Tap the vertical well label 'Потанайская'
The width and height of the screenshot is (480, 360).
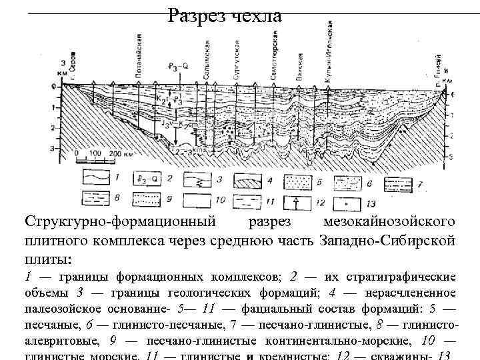pos(138,59)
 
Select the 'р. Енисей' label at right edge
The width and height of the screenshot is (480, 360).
pos(441,75)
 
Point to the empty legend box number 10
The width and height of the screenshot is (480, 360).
pos(197,199)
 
